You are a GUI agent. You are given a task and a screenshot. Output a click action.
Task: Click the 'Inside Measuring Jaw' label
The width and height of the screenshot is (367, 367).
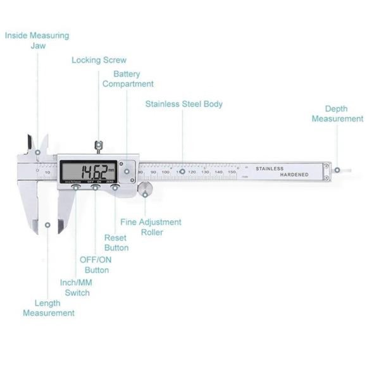pos(37,41)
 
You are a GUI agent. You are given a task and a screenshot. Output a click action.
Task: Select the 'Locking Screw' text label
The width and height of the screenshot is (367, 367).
pos(99,60)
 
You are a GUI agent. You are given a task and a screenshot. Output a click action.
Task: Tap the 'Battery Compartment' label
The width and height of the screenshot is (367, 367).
pos(128,79)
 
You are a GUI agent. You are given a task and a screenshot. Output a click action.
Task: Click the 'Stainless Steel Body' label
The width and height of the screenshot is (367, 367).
pos(183,104)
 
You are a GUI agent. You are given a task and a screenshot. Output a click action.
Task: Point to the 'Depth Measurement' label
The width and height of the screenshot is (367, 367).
pos(337,114)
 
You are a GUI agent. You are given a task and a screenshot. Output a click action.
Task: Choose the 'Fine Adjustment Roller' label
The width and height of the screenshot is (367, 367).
pos(151,227)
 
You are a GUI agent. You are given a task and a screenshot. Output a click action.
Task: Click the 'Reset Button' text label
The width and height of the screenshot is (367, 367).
pos(116,242)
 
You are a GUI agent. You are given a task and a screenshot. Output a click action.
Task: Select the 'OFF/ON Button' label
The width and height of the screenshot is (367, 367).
pos(94,265)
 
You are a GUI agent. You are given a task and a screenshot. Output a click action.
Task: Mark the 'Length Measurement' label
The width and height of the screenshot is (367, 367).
pos(49,308)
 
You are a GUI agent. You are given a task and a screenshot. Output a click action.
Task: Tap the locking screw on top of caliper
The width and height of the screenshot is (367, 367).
pos(98,146)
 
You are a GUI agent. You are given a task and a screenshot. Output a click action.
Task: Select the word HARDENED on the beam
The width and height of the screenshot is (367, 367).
pos(291,175)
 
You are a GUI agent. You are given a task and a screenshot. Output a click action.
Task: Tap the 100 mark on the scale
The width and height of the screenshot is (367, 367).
pos(165,171)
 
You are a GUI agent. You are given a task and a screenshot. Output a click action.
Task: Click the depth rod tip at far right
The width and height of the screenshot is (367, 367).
pos(337,170)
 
